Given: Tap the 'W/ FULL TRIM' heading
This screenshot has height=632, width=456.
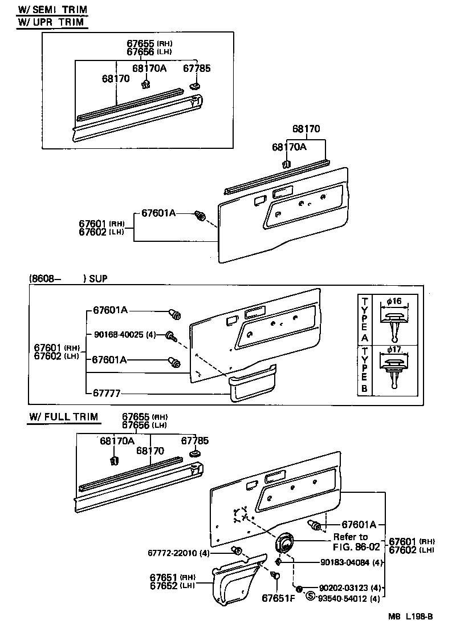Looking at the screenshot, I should point(63,417).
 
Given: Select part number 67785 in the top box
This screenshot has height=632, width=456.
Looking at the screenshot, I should point(197,68).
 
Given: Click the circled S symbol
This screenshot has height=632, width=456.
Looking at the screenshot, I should point(310,597).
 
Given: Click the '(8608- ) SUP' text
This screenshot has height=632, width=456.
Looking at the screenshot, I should point(67,278).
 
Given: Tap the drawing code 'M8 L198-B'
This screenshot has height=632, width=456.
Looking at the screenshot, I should point(411,617).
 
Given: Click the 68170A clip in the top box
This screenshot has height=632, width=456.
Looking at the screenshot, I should point(145,84).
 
